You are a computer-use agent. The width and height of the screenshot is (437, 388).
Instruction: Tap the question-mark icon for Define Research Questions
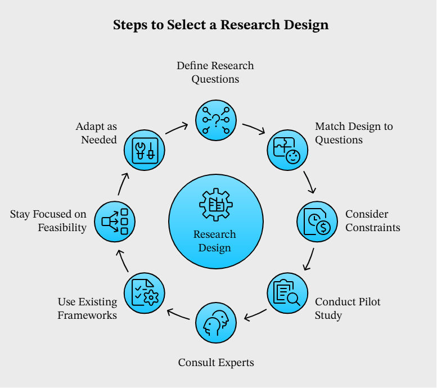tap(216, 120)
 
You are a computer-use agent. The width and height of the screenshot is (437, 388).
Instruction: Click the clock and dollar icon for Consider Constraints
tap(317, 221)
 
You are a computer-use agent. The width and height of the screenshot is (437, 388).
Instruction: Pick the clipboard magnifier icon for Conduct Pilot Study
tap(287, 293)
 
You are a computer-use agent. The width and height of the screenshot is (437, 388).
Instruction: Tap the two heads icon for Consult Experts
tap(216, 323)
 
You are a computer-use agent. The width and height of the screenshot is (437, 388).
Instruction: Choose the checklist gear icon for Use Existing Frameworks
tap(145, 293)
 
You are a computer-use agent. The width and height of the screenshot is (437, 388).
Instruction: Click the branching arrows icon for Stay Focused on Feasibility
tap(115, 221)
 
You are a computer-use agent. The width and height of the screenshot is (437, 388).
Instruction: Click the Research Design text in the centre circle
tap(215, 241)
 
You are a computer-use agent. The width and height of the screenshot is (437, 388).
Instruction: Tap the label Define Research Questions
tap(215, 73)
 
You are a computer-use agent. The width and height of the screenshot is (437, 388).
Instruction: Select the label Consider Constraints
tap(372, 221)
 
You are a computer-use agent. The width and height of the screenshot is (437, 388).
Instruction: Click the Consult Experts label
tap(216, 363)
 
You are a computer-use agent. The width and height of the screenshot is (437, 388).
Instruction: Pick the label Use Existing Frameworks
tap(87, 309)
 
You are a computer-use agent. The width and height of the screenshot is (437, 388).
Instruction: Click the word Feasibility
tap(62, 228)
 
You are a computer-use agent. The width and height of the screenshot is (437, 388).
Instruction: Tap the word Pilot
tap(366, 302)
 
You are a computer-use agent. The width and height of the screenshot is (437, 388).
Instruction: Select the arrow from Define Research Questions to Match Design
tap(253, 128)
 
